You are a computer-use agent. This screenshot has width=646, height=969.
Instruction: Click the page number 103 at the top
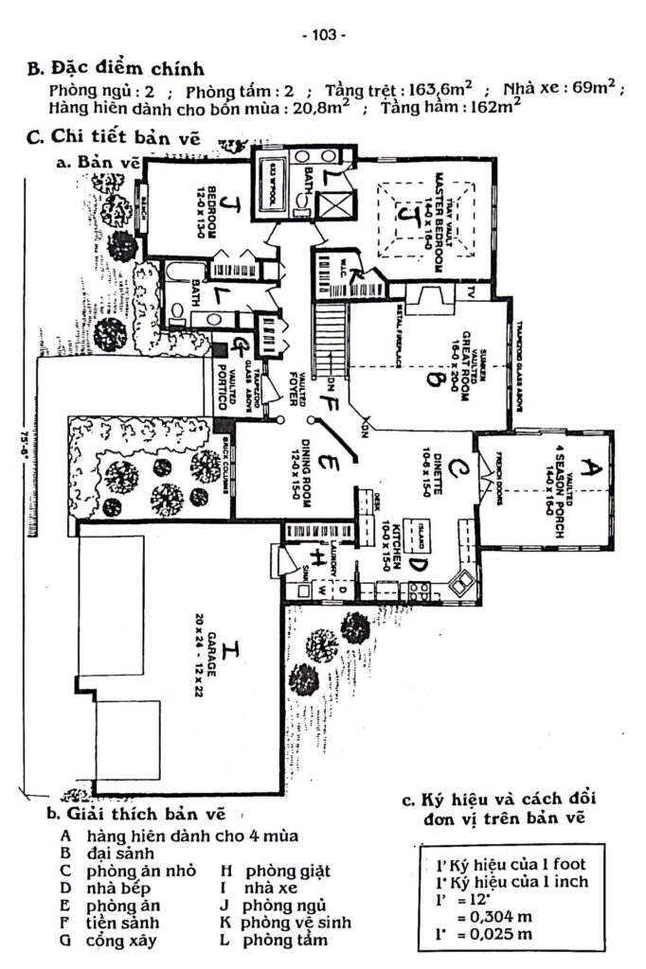point(323,35)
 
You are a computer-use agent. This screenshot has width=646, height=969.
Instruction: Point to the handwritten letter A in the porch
point(590,466)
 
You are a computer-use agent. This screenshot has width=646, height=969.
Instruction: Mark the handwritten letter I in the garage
point(231,651)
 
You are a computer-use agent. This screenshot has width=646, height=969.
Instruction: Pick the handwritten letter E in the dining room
point(325,466)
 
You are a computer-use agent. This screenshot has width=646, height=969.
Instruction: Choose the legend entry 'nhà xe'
point(272,888)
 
